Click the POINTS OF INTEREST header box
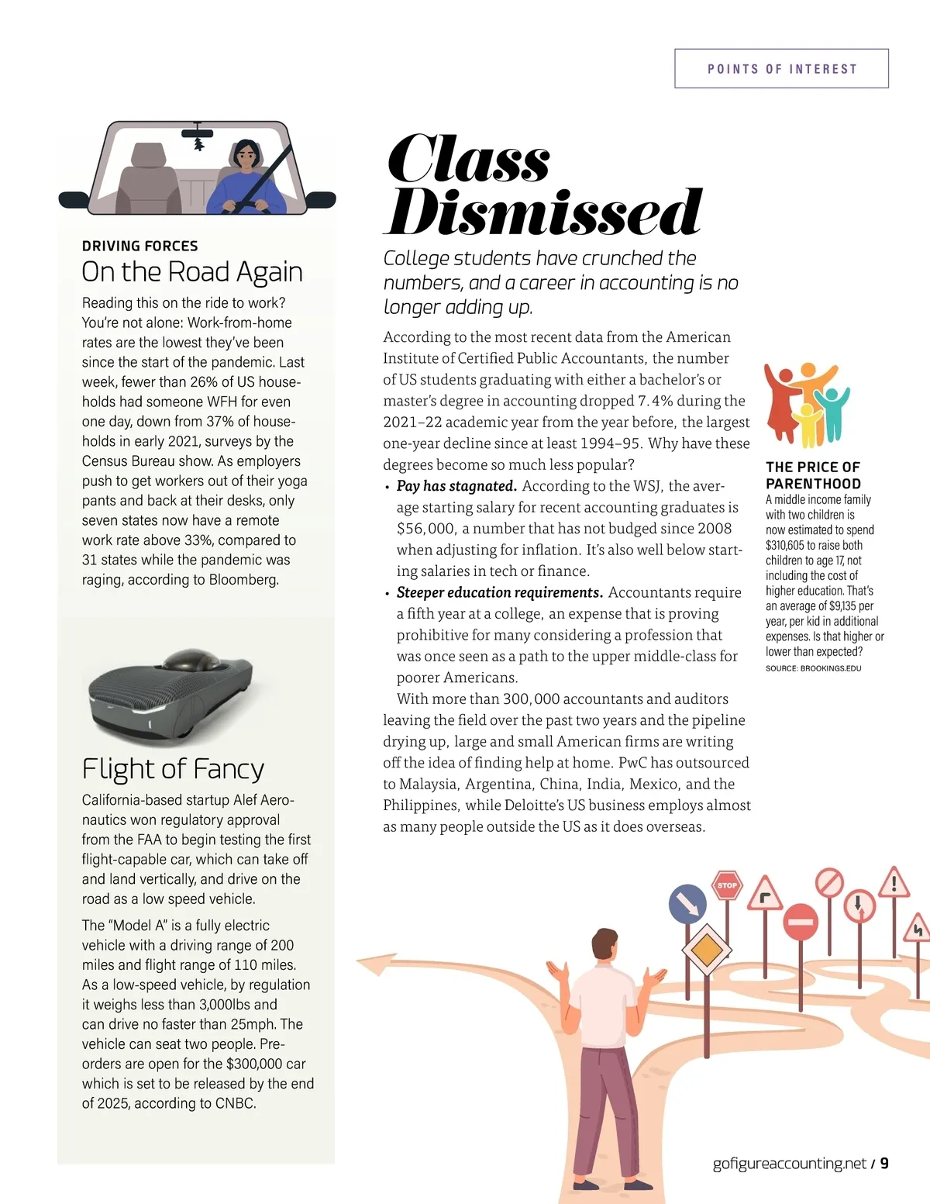(x=781, y=68)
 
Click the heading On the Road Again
(x=192, y=272)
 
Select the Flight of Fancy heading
(x=173, y=769)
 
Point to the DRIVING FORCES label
(x=140, y=246)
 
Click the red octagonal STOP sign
(x=727, y=885)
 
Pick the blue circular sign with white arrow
(x=687, y=903)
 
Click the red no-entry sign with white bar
(x=801, y=923)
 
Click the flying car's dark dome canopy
(x=184, y=661)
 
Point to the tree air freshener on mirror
(x=199, y=144)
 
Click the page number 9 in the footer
(x=884, y=1163)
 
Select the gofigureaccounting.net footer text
(x=789, y=1163)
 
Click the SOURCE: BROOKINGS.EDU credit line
(x=813, y=668)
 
